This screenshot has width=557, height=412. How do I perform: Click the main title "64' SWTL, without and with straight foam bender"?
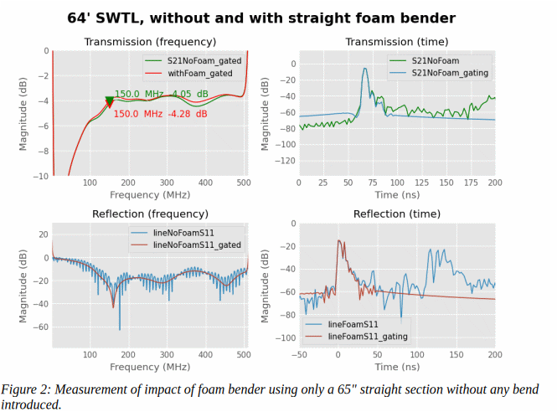pyautogui.click(x=261, y=18)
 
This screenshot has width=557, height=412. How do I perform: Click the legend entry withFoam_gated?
pyautogui.click(x=199, y=73)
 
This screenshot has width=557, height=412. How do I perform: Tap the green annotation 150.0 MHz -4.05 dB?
pyautogui.click(x=162, y=94)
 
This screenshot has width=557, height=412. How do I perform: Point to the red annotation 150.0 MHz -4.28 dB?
pyautogui.click(x=161, y=115)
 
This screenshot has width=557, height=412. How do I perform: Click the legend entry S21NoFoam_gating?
pyautogui.click(x=450, y=73)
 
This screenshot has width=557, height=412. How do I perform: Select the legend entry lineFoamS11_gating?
pyautogui.click(x=369, y=336)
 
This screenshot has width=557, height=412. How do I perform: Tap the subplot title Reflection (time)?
pyautogui.click(x=397, y=214)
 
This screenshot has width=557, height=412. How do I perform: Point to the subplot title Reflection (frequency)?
pyautogui.click(x=151, y=214)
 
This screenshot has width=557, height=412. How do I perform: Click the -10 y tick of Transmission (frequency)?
pyautogui.click(x=40, y=177)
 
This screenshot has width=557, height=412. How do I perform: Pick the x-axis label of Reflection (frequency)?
pyautogui.click(x=151, y=367)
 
